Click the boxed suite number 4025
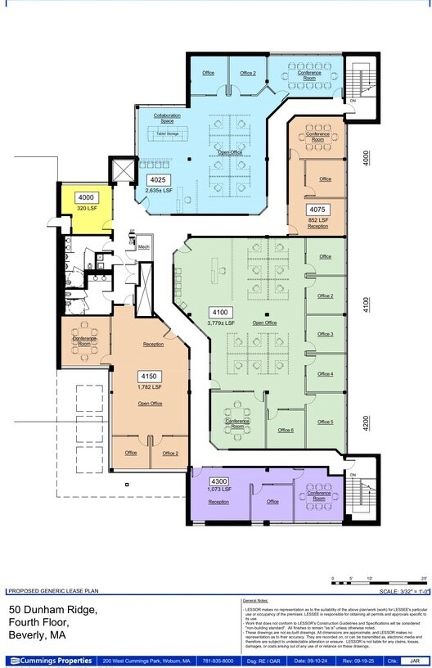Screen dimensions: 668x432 pos(158,179)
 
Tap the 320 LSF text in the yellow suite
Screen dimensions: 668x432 pos(87,208)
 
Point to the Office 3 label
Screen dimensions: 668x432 pos(325,334)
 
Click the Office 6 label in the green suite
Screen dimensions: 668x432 pos(286,430)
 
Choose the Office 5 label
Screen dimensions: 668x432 pos(325,422)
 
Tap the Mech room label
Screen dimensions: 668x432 pos(143,246)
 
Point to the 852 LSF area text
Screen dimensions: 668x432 pos(318,219)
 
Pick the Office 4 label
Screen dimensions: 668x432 pos(325,374)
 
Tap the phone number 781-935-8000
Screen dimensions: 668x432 pos(217,660)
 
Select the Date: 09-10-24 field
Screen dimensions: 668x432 pos(310,660)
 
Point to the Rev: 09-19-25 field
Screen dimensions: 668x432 pos(357,660)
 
